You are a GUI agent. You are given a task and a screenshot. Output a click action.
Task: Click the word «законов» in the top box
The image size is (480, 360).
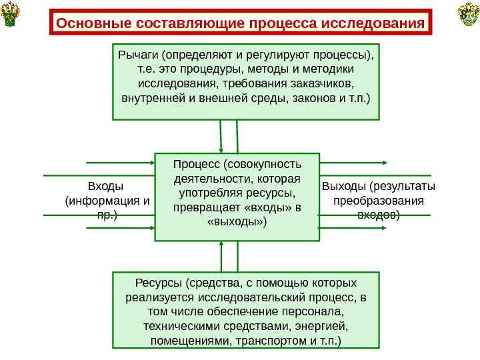[308, 100]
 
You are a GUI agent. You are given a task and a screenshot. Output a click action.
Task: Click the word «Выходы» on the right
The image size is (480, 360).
[344, 185]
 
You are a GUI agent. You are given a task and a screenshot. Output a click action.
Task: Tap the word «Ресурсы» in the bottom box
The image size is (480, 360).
[159, 281]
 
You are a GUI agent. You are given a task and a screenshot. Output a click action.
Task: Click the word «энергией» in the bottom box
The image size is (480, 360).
[322, 326]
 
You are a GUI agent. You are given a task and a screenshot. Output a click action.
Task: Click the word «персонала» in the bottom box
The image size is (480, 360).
[314, 311]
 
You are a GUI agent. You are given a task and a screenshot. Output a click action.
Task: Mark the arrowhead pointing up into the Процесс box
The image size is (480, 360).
[221, 245]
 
